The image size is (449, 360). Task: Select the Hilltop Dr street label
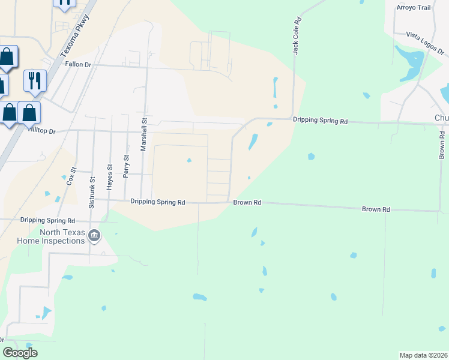41,130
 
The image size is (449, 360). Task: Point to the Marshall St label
144,134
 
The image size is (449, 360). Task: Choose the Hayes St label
109,178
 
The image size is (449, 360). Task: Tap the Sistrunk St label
92,192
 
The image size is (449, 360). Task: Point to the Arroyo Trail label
414,7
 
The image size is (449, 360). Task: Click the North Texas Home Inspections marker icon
94,236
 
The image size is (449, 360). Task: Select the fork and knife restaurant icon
34,80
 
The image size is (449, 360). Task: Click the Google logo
20,353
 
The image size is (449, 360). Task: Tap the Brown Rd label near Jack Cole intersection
247,203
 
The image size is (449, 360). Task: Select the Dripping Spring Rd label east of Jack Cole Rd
320,121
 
